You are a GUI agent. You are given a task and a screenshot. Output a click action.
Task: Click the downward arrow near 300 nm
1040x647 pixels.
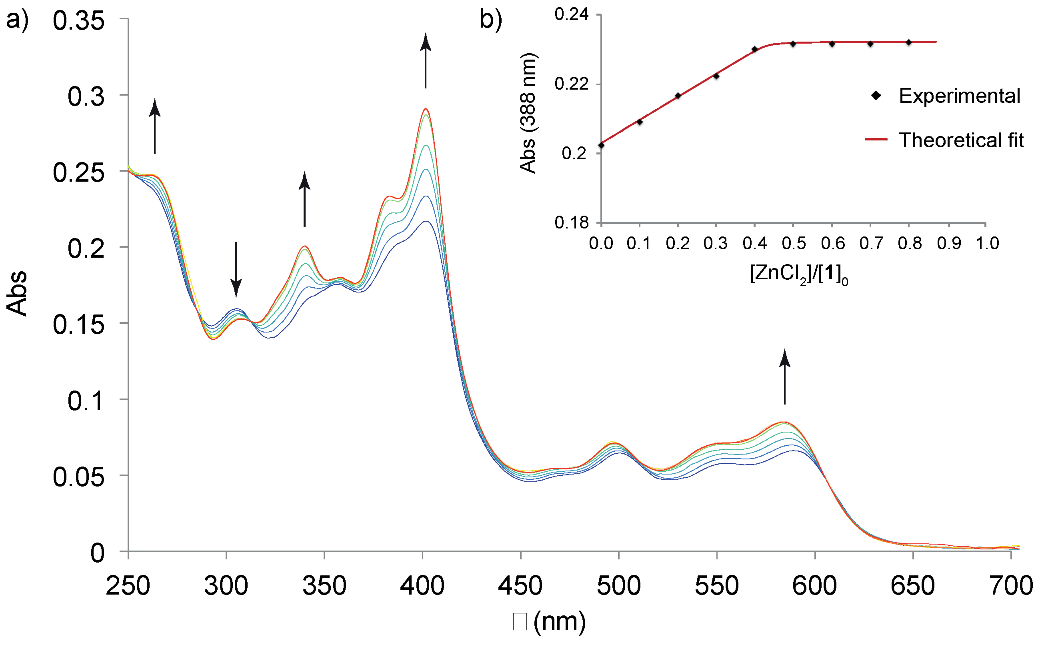coord(236,269)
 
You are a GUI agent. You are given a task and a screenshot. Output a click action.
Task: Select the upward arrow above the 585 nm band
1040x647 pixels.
coord(784,377)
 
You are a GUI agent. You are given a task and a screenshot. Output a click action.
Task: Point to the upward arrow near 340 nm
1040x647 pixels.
coord(304,199)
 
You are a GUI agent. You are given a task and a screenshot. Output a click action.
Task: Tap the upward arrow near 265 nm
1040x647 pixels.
coord(155,126)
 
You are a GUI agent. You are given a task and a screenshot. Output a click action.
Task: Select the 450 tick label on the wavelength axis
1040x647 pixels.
coord(520,586)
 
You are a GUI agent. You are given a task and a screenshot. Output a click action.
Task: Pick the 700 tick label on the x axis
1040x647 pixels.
coord(1011,586)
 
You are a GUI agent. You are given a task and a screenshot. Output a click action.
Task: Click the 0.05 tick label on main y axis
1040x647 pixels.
coord(78,477)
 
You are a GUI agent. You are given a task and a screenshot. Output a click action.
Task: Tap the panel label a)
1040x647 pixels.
coord(17,20)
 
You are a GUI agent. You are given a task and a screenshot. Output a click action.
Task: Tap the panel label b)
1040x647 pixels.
coord(491,20)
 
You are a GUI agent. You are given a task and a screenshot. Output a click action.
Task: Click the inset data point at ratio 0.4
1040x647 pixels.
coord(755,49)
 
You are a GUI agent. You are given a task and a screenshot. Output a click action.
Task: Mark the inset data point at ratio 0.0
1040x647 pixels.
coord(602,145)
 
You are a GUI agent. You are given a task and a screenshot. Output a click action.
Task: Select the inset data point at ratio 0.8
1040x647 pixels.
coord(909,42)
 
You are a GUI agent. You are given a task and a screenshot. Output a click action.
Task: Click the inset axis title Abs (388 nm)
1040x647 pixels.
coord(528,113)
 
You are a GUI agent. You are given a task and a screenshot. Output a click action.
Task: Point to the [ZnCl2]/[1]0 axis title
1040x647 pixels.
coord(798,274)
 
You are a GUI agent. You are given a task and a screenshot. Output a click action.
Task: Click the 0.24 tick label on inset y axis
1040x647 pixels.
coord(572,14)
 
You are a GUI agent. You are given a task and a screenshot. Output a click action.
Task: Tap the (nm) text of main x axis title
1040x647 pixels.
coord(559,622)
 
